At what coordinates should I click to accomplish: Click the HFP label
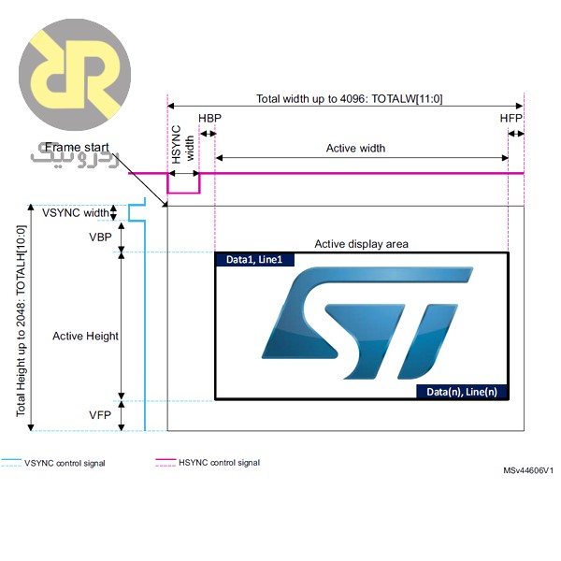point(511,120)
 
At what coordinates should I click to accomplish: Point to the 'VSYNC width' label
point(76,212)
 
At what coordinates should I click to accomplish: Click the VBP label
point(100,237)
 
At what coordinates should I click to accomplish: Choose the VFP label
point(100,413)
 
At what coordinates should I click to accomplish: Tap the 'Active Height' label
point(85,336)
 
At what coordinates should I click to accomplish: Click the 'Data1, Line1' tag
point(254,260)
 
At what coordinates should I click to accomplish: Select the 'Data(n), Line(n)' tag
point(462,392)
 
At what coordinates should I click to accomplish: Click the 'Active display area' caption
point(361,244)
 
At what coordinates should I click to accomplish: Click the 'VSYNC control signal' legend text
point(65,463)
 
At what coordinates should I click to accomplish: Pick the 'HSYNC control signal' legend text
point(219,463)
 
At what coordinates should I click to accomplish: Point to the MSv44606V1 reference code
point(528,471)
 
